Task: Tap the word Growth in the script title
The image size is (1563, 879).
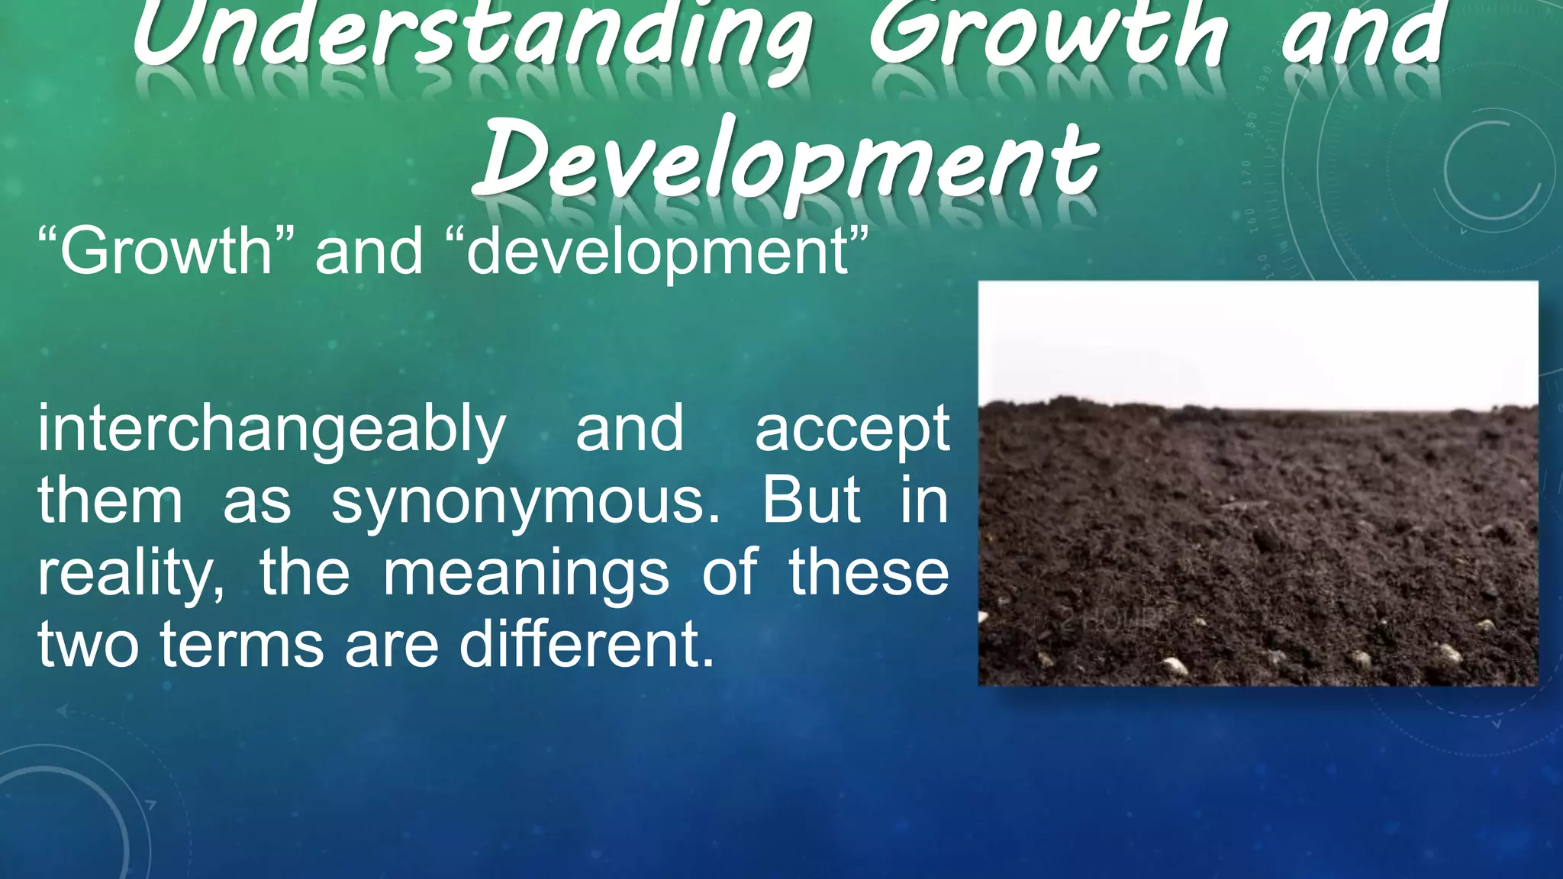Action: pyautogui.click(x=1049, y=34)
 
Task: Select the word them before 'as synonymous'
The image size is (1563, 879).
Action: pyautogui.click(x=111, y=501)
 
